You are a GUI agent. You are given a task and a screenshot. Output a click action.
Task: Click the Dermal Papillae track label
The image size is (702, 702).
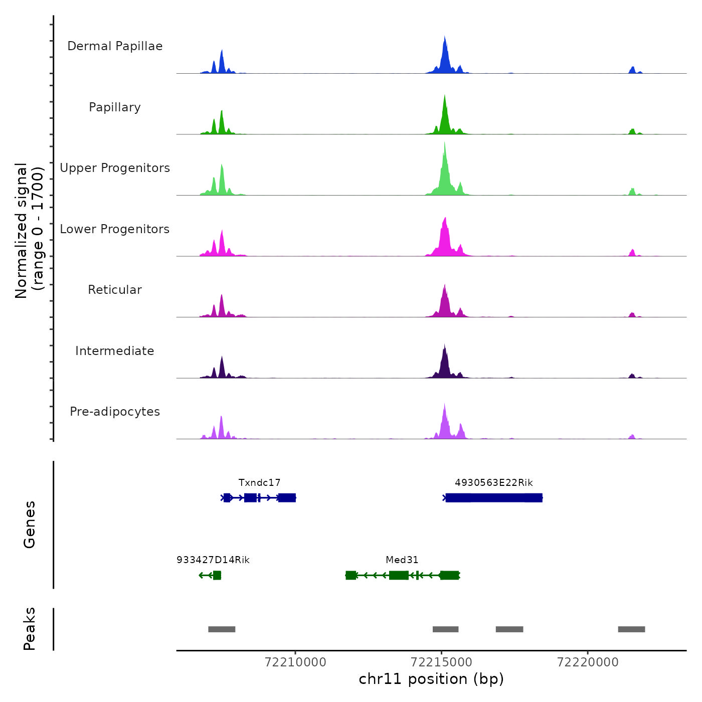pos(115,46)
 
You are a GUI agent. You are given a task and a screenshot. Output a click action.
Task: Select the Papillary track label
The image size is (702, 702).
pos(115,107)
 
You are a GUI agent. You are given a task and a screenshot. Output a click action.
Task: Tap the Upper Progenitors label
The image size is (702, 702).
pos(115,168)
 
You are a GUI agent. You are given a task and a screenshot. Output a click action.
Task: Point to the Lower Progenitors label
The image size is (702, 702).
pos(115,229)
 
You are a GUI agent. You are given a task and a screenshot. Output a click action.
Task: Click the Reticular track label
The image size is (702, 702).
pos(115,290)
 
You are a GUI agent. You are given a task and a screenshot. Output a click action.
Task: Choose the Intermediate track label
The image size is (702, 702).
pos(115,351)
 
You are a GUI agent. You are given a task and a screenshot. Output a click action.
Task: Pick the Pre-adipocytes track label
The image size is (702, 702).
pos(115,412)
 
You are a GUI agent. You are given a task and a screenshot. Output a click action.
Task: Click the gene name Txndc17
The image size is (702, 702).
pos(259,483)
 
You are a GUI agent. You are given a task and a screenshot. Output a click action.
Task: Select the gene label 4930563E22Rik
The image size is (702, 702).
pos(493,483)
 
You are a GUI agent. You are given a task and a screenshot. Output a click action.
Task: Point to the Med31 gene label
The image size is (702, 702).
pos(402,560)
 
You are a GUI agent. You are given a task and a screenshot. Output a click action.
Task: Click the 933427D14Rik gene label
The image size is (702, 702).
pos(213,560)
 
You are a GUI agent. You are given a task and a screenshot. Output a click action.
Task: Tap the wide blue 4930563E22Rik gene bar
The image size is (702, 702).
pos(494,498)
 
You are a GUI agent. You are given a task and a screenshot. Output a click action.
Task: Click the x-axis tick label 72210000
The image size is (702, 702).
pos(295,662)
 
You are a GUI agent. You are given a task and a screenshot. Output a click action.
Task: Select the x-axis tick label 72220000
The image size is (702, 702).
pos(588,662)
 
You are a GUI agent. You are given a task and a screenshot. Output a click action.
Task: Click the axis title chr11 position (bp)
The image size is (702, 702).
pos(431,679)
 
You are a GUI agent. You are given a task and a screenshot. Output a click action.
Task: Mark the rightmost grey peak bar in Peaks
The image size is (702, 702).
pos(631,629)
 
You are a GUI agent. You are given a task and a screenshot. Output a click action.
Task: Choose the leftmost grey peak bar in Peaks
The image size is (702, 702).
pos(222,629)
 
